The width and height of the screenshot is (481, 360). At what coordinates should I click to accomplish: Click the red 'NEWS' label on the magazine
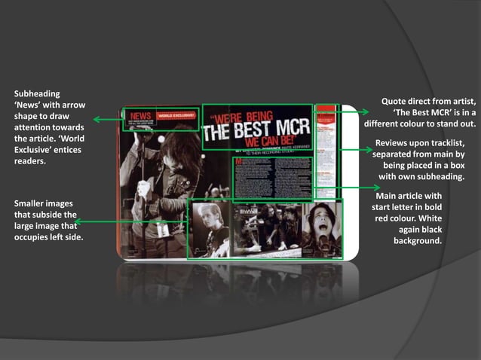141,117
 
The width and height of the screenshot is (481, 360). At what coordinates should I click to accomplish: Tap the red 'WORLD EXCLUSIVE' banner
176,116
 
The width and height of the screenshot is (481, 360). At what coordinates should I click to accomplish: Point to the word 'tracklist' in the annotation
446,142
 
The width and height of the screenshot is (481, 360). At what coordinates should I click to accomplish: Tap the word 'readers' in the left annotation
30,161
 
